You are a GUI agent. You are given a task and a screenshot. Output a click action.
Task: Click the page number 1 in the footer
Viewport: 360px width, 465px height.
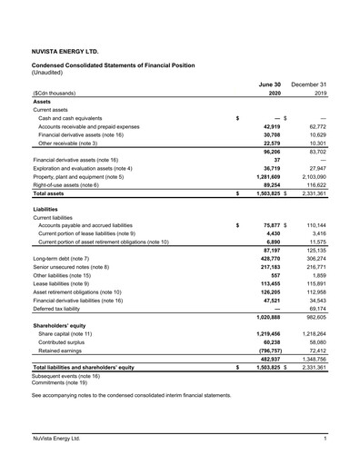coord(325,440)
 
